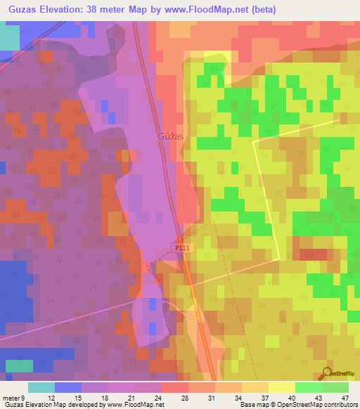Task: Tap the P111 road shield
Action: (182, 248)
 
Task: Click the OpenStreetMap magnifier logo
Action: (327, 373)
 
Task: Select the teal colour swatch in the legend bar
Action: (41, 387)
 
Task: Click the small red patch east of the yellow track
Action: (313, 254)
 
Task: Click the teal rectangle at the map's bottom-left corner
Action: (18, 365)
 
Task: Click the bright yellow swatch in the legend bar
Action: (282, 387)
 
